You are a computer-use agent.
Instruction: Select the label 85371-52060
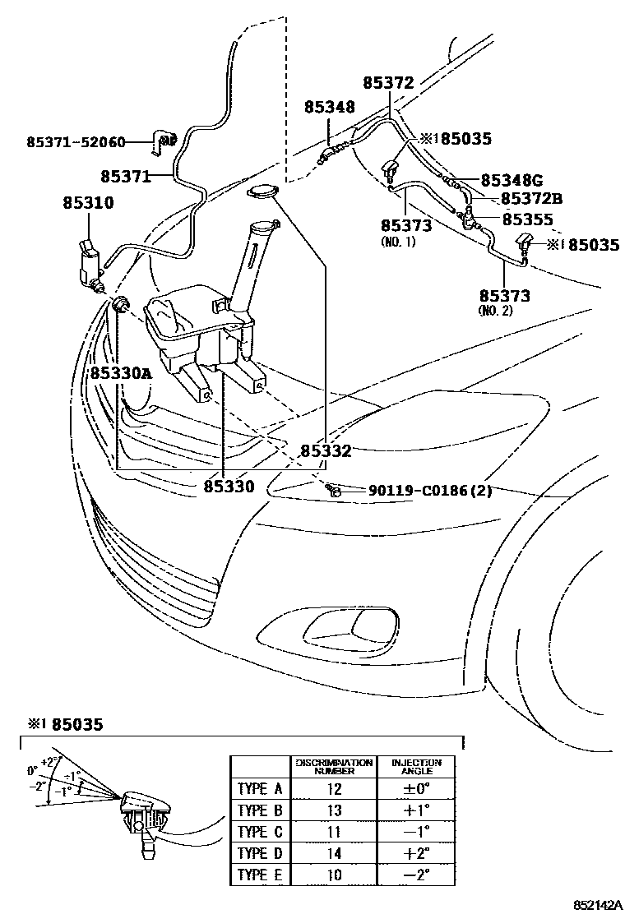[x=75, y=142]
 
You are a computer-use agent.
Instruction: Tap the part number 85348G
[x=512, y=180]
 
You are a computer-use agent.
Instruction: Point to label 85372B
[x=531, y=199]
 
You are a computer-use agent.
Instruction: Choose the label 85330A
[x=122, y=372]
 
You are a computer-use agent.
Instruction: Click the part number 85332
[x=326, y=450]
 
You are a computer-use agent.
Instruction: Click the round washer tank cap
[x=262, y=192]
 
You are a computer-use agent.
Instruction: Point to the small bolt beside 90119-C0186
[x=333, y=491]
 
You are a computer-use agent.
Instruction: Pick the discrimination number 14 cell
[x=335, y=853]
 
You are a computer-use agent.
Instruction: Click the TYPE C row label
[x=259, y=832]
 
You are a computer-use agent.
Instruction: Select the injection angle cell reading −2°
[x=416, y=875]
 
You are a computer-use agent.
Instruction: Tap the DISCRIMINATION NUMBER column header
[x=335, y=767]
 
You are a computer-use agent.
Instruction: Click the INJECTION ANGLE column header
[x=416, y=767]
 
